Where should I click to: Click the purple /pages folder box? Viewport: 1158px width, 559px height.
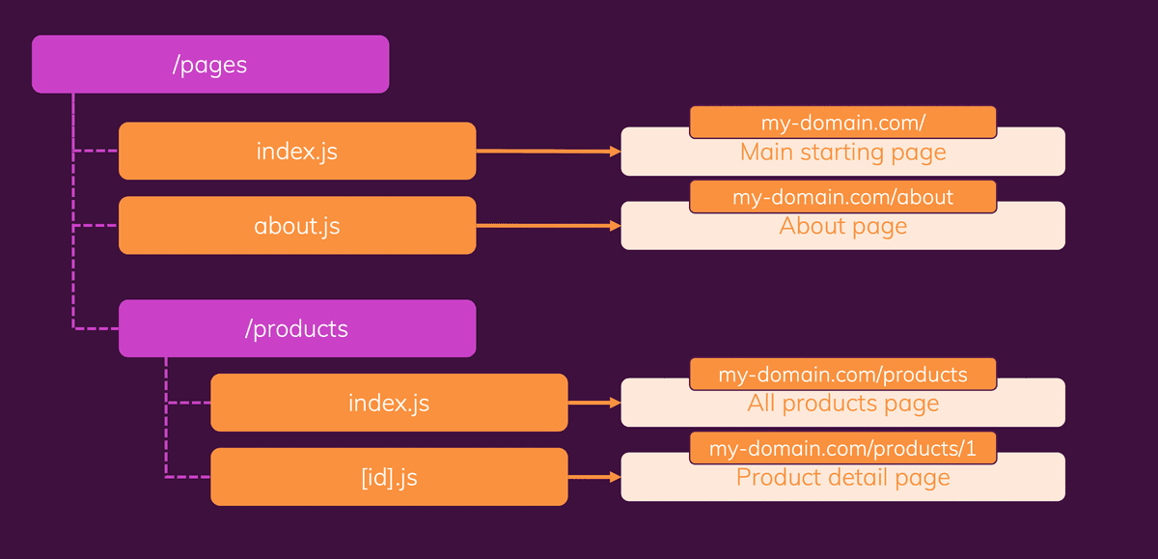pos(210,65)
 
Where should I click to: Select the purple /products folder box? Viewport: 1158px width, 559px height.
pos(297,328)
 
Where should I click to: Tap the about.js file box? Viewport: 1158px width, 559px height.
pos(297,226)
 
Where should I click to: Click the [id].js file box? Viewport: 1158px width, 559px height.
pos(389,477)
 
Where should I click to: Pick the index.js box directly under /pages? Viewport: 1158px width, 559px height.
pos(297,152)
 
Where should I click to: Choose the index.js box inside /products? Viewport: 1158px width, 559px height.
pos(389,403)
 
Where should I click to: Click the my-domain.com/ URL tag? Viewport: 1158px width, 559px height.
pos(842,123)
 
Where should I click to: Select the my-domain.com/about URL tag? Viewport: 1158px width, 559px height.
pos(842,197)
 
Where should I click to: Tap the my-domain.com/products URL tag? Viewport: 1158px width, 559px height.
pos(842,375)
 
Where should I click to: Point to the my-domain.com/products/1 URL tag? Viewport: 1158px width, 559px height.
pos(842,448)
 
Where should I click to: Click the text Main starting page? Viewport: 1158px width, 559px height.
pos(842,153)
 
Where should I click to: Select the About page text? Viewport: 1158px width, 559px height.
pos(842,227)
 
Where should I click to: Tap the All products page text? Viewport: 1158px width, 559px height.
pos(842,404)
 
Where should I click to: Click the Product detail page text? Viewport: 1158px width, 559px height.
pos(842,478)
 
